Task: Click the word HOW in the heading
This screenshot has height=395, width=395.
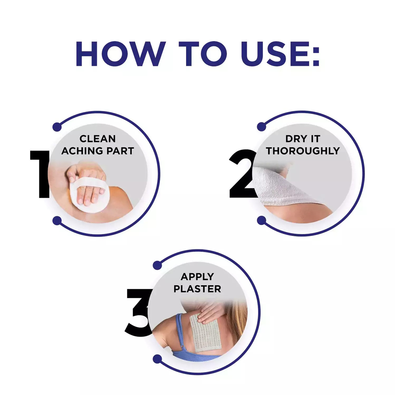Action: pyautogui.click(x=121, y=54)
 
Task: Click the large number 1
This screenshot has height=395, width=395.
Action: pyautogui.click(x=40, y=174)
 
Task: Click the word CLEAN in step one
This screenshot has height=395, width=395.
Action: pyautogui.click(x=97, y=139)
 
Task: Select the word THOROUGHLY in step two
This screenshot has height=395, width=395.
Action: pyautogui.click(x=303, y=151)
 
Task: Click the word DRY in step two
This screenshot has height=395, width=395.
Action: pyautogui.click(x=293, y=139)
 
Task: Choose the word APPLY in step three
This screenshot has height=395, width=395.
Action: pyautogui.click(x=197, y=277)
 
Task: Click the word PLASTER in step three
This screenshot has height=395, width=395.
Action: pyautogui.click(x=197, y=289)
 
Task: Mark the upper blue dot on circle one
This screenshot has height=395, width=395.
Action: pyautogui.click(x=57, y=127)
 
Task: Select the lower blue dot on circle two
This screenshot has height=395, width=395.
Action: pyautogui.click(x=262, y=220)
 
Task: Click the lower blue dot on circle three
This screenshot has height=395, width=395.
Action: pyautogui.click(x=157, y=359)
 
